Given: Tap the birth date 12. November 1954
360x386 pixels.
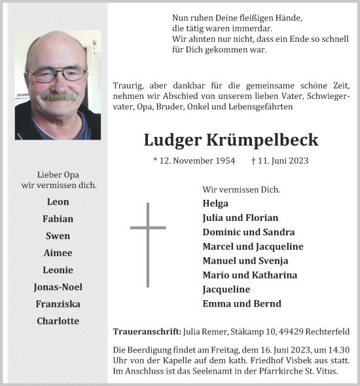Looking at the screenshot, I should pos(193,161).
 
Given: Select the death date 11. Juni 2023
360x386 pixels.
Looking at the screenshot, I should pos(279,161).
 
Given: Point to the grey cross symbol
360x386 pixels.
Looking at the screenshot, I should pos(148,244).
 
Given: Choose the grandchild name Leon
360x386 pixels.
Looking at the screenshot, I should pos(58,202).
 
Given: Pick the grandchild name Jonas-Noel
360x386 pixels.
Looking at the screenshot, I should pos(58,287).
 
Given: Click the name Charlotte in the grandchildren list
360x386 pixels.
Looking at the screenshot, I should pos(58,321).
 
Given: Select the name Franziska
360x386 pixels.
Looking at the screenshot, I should pos(58,304).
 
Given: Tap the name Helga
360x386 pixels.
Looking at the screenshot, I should pos(215,203).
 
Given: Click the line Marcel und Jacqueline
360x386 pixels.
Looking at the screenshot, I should pos(253,246).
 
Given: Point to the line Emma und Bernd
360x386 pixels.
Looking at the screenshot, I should pos(242,303).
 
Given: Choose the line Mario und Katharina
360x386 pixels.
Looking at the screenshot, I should pos(249,275).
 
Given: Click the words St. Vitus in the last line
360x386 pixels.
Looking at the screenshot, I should pos(325,372).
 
